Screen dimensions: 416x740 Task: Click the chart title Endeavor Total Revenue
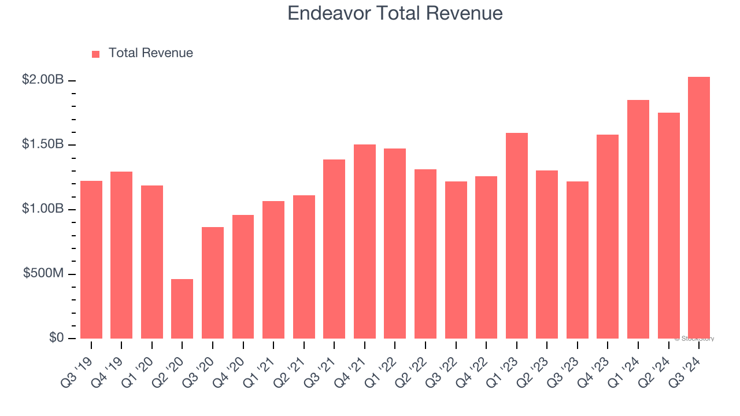pos(395,13)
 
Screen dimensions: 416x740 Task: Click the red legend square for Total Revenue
pos(95,54)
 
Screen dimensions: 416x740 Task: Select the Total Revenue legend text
pos(150,53)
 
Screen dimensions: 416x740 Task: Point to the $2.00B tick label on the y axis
pos(43,80)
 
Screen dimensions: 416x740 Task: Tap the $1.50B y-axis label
pos(43,144)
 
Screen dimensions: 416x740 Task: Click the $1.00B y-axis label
pos(43,209)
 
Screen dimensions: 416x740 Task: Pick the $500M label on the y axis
pos(44,273)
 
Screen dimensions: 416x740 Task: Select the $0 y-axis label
pos(56,338)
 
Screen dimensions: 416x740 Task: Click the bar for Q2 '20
pos(182,309)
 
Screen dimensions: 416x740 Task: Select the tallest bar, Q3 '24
pos(698,207)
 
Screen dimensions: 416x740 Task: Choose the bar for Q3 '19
pos(91,259)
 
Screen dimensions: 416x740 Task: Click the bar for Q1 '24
pos(638,219)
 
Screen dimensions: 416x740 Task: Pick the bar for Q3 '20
pos(213,283)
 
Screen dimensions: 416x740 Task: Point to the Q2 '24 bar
pos(668,225)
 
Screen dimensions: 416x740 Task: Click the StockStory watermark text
pos(694,339)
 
